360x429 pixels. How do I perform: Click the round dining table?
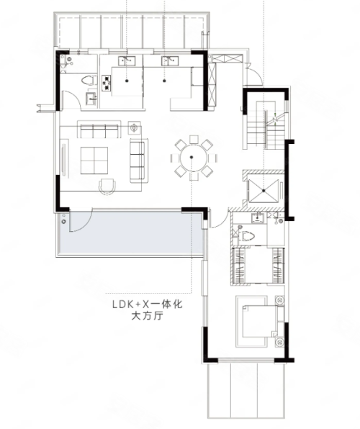coord(194,158)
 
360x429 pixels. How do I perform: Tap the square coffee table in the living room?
coord(94,161)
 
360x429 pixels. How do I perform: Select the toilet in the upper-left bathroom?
coord(89,81)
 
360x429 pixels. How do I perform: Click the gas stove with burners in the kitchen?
coord(107,83)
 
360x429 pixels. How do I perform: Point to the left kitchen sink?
coord(127,60)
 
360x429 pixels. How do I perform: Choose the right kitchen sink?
coord(170,60)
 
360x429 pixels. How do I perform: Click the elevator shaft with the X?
coord(263,191)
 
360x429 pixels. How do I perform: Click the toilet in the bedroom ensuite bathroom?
coord(246,236)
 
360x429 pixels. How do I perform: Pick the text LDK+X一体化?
coord(148,304)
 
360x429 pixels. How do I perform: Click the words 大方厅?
coord(148,316)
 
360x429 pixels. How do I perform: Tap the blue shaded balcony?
coord(131,232)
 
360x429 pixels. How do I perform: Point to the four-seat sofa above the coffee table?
coord(99,129)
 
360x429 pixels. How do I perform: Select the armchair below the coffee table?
coord(107,186)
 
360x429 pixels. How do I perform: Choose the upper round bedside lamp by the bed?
coord(280,300)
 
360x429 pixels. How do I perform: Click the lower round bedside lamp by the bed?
coord(280,343)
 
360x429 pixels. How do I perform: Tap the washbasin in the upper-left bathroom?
coord(91,99)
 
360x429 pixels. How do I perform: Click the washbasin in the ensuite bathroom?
coord(258,218)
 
